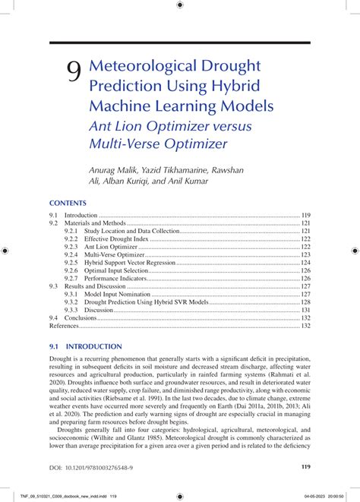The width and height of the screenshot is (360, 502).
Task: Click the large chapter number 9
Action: click(73, 71)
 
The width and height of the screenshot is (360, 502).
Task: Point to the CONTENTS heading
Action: click(68, 204)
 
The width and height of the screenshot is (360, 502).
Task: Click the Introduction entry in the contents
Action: click(81, 216)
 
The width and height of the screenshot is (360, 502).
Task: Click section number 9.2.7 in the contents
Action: click(71, 278)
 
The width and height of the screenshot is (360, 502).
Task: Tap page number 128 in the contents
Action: click(305, 302)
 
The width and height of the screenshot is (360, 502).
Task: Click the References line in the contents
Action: click(64, 325)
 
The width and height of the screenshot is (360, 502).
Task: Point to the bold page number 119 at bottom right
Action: click(305, 467)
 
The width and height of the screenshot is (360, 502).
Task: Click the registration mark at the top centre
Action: click(179, 5)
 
